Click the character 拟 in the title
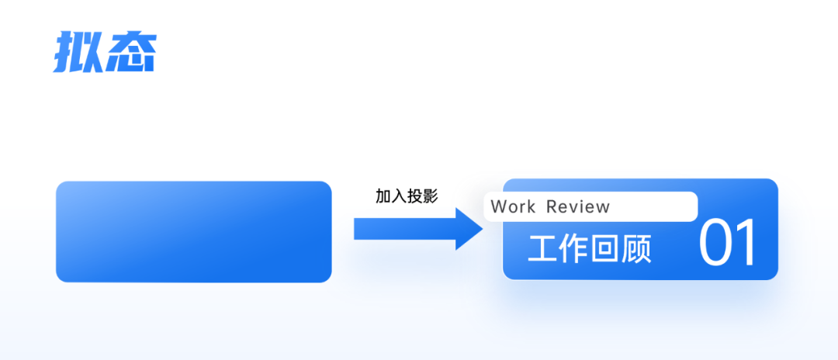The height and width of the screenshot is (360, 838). click(x=78, y=53)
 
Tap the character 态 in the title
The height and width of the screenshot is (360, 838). click(x=130, y=53)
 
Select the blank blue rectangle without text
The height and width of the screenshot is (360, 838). click(x=193, y=231)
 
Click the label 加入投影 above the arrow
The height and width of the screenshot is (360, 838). click(x=407, y=196)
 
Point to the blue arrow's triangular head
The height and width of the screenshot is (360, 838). click(x=470, y=229)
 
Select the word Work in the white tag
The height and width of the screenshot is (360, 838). click(x=513, y=207)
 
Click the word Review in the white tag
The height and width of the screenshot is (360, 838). click(x=578, y=207)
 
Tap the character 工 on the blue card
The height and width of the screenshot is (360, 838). click(x=543, y=249)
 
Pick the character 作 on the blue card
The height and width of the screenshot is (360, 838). click(x=574, y=249)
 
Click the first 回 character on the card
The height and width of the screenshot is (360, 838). click(x=605, y=249)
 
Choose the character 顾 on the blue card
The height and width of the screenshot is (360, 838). click(x=636, y=249)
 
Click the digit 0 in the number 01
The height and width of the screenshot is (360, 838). click(x=719, y=243)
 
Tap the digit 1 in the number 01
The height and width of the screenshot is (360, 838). click(x=747, y=243)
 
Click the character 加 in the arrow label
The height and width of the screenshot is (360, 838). click(x=383, y=196)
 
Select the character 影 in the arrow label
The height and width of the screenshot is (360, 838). click(x=431, y=196)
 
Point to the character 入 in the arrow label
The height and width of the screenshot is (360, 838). click(x=399, y=196)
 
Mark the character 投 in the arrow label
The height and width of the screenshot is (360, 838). click(x=415, y=196)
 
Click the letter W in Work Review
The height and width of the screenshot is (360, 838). click(x=498, y=207)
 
